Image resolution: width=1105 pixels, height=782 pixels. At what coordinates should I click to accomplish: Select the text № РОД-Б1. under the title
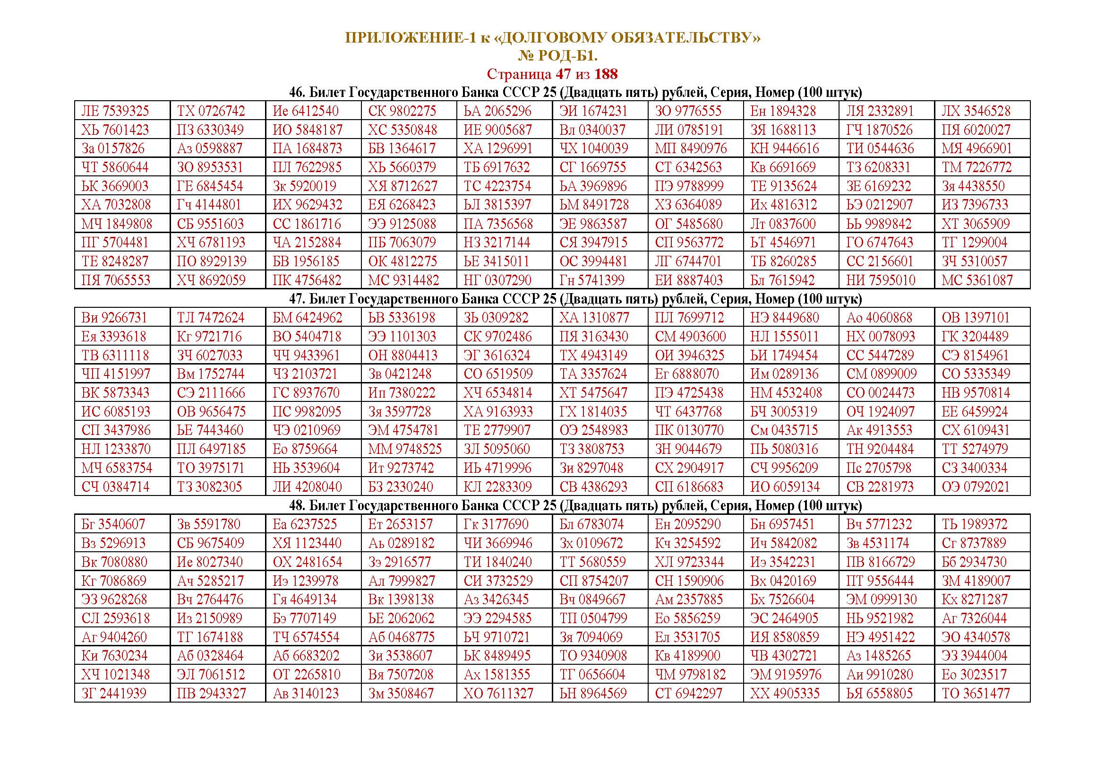click(x=558, y=56)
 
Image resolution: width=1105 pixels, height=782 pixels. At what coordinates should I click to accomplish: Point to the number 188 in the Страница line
click(x=606, y=74)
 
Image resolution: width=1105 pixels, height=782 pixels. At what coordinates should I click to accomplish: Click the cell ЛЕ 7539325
click(x=115, y=111)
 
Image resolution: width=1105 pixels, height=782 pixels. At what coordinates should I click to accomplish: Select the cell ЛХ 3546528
click(x=976, y=111)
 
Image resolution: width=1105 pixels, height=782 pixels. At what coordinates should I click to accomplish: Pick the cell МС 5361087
click(x=977, y=280)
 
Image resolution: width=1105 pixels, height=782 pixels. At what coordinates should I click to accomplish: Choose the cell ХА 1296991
click(x=498, y=148)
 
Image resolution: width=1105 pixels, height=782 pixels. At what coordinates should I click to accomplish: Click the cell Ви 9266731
click(x=114, y=318)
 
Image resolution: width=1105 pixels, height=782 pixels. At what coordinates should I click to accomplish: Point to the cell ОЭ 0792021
click(x=976, y=487)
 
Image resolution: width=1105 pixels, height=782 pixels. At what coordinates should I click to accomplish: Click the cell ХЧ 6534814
click(x=498, y=393)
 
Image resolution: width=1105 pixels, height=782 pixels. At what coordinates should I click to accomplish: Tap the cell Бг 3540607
click(x=113, y=524)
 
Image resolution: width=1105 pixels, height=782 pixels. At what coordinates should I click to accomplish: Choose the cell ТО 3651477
click(x=976, y=694)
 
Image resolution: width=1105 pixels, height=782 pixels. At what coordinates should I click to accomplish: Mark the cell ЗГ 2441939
click(x=114, y=694)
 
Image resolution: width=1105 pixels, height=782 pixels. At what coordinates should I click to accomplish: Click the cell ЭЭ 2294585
click(x=498, y=618)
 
